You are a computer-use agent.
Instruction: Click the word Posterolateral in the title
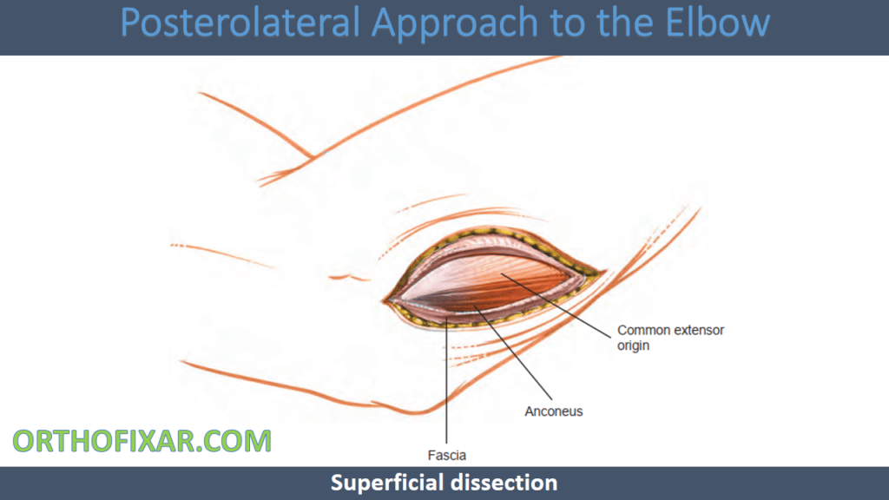(240, 23)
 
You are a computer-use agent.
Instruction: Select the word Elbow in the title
(717, 23)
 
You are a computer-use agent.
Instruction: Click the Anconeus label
(553, 411)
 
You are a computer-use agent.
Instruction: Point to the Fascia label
(447, 455)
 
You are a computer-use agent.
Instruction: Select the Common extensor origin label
(671, 338)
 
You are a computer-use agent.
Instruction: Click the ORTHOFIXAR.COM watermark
(142, 441)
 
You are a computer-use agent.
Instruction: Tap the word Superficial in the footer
(382, 483)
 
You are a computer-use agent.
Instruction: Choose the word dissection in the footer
(498, 483)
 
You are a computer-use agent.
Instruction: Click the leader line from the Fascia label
(447, 381)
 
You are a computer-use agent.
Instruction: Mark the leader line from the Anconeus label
(513, 352)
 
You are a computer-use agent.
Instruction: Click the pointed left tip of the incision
(383, 301)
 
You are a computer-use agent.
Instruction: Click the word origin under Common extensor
(633, 345)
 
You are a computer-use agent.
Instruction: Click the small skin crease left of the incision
(348, 278)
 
